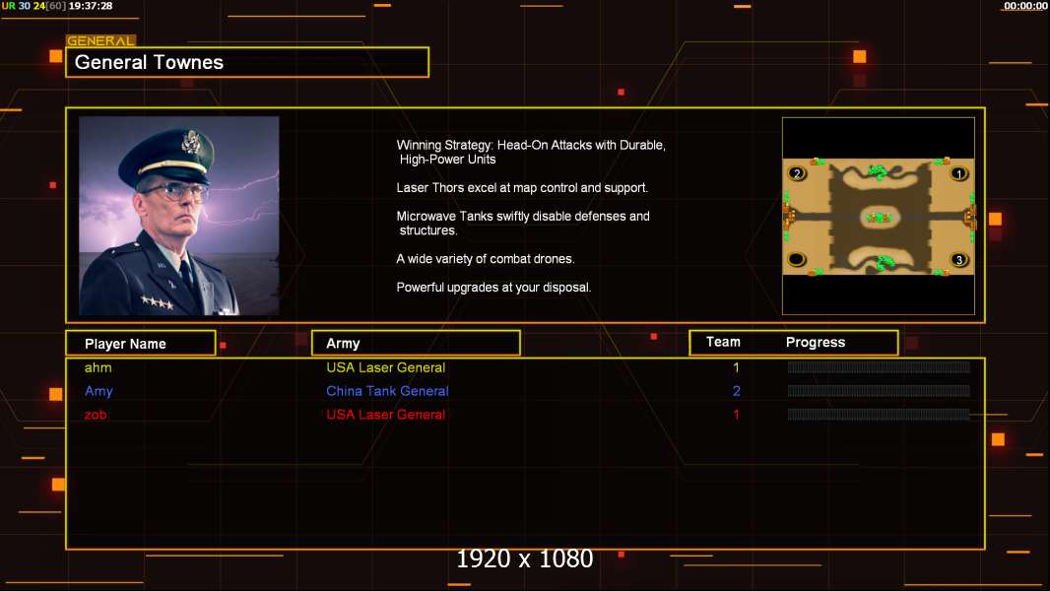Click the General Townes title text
tap(149, 62)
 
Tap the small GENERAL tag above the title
tap(100, 40)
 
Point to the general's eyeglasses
tap(174, 193)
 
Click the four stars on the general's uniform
tap(158, 302)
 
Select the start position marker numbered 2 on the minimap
tap(797, 173)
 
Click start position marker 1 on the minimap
tap(959, 174)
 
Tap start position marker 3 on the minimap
tap(959, 260)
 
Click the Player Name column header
tap(125, 344)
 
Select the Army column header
tap(343, 344)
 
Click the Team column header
tap(723, 342)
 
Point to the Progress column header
tap(815, 343)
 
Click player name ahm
tap(98, 367)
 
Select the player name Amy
tap(98, 392)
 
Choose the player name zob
tap(96, 415)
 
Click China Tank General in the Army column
tap(387, 391)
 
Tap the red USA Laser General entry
tap(386, 415)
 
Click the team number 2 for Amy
tap(736, 391)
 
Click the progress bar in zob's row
tap(879, 415)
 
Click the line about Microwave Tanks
tap(522, 223)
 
